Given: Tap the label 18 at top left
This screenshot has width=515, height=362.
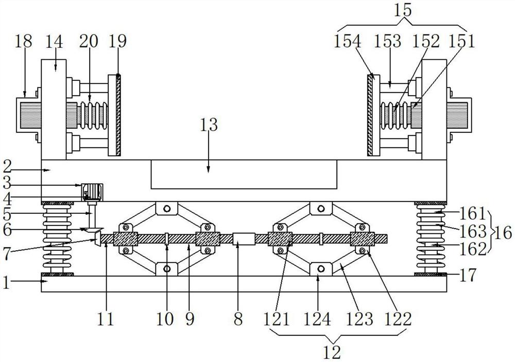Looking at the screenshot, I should (24, 42).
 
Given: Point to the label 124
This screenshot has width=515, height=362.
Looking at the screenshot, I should (317, 319).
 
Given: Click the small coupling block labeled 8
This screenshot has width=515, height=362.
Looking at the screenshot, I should (244, 239).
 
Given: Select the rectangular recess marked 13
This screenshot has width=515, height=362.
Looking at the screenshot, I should (244, 175).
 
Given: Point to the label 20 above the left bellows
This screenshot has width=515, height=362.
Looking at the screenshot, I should (88, 42).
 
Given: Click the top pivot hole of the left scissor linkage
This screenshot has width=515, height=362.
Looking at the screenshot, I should (166, 209).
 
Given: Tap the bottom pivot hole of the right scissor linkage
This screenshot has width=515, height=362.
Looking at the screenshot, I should (320, 269).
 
